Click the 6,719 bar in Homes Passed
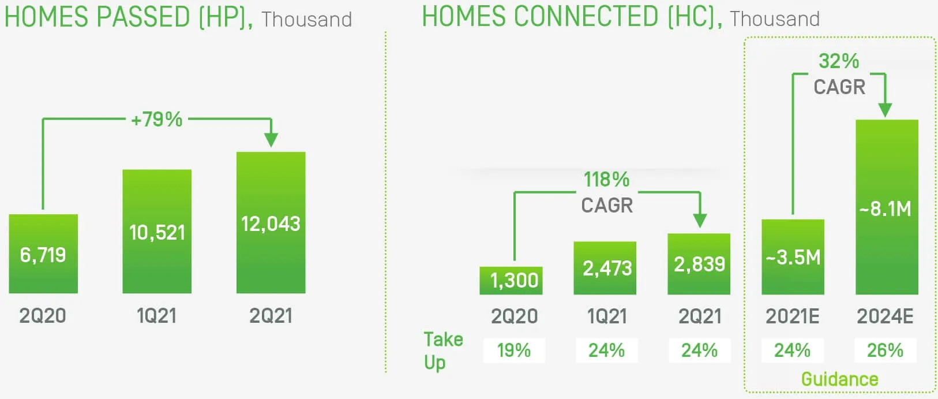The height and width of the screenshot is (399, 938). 43,254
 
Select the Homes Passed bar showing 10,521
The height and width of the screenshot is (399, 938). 157,232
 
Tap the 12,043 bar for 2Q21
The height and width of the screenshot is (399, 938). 271,223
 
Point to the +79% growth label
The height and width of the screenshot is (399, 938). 157,120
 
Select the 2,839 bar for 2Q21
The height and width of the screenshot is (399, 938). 699,264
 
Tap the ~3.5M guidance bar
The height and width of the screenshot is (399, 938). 793,257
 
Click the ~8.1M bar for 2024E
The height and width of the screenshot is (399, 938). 886,208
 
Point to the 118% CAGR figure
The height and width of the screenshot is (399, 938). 606,180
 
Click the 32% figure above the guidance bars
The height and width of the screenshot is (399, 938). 839,61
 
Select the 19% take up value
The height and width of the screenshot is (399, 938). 514,350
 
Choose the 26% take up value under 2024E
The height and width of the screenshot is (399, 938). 885,350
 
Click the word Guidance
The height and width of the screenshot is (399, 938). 839,379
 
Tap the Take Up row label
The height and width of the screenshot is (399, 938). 442,350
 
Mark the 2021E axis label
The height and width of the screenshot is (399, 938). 792,316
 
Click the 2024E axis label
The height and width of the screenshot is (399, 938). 885,316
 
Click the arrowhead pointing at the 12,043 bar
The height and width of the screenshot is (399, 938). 271,140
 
